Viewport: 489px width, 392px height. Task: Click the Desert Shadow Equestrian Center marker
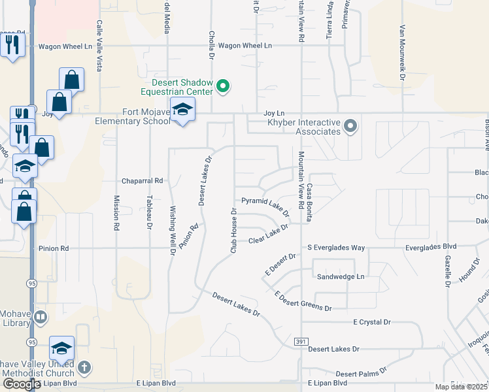pyautogui.click(x=224, y=86)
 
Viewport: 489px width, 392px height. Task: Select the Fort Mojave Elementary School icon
pyautogui.click(x=183, y=110)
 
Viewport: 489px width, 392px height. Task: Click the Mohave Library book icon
pyautogui.click(x=41, y=318)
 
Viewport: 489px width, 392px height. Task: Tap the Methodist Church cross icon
pyautogui.click(x=84, y=367)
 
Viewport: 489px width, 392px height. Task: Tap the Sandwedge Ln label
pyautogui.click(x=340, y=276)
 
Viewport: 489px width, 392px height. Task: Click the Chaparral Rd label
pyautogui.click(x=141, y=180)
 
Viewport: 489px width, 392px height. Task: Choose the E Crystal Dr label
pyautogui.click(x=371, y=322)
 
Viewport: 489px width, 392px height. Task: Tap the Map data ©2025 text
pyautogui.click(x=461, y=387)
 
